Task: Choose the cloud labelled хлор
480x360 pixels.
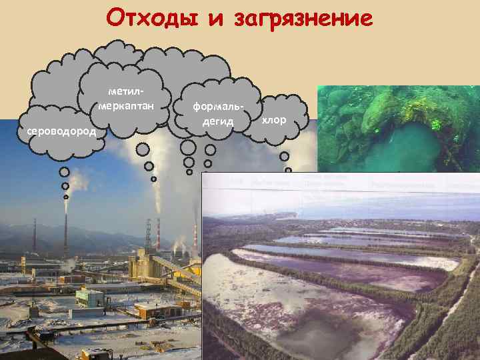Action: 274,119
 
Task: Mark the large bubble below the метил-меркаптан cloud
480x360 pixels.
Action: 149,166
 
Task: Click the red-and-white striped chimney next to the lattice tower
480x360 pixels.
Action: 159,234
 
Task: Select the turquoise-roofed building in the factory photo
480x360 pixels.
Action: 90,294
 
